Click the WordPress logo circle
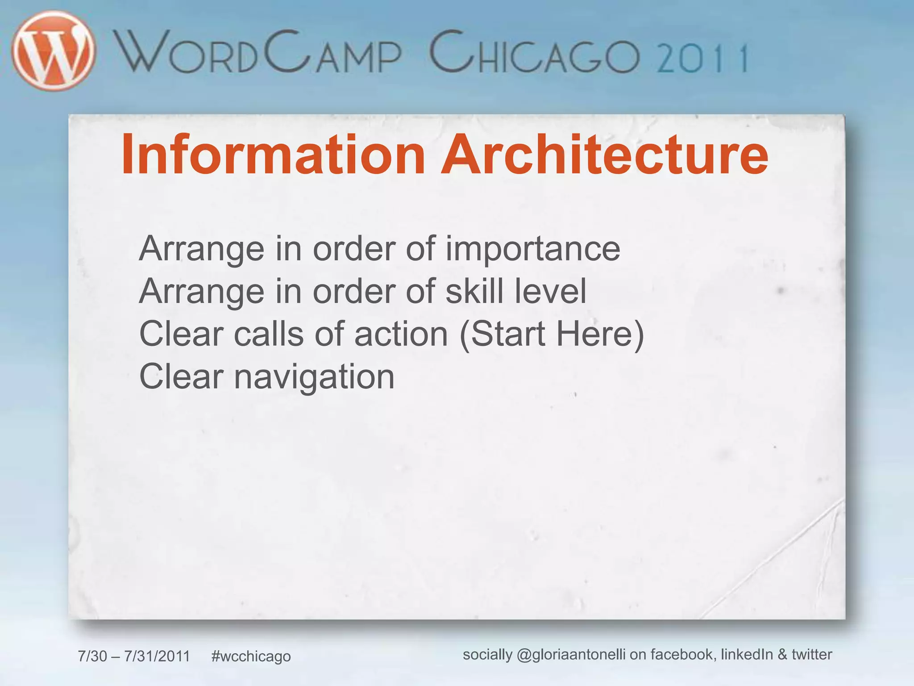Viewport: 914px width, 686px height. pos(54,51)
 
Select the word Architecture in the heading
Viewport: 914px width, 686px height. pos(605,155)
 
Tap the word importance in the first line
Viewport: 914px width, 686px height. pos(533,249)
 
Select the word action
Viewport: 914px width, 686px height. pos(401,334)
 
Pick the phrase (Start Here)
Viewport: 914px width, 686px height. pos(552,334)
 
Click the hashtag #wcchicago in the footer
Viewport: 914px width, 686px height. pos(251,656)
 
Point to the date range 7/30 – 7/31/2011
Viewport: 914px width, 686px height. pos(134,656)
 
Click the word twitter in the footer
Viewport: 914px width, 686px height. pos(812,654)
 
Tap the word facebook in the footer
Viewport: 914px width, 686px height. pos(683,654)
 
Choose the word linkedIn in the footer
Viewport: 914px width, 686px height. pos(747,654)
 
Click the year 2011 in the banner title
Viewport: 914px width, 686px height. pos(703,58)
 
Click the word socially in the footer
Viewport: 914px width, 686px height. pos(487,655)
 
